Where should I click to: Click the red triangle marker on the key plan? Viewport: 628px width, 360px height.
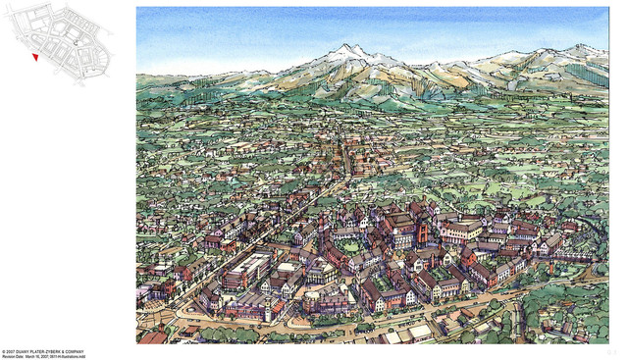point(35,57)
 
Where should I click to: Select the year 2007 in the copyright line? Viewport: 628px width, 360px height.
point(11,351)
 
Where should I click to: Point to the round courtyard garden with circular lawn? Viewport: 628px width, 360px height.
point(348,246)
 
